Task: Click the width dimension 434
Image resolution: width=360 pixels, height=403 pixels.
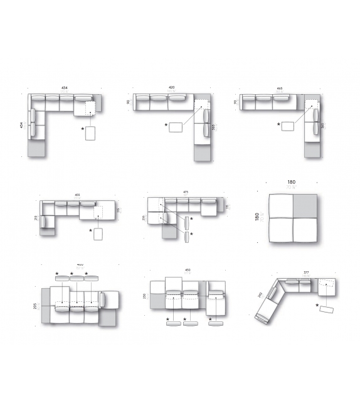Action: click(x=64, y=87)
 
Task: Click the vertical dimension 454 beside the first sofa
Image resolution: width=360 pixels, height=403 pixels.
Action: click(x=23, y=125)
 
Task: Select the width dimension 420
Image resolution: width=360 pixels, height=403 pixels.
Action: click(x=171, y=87)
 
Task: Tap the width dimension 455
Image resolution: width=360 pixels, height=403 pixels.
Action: click(x=77, y=195)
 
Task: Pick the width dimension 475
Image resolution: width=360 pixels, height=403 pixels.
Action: click(x=186, y=192)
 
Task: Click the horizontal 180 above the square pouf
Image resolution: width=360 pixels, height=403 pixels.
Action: click(x=290, y=181)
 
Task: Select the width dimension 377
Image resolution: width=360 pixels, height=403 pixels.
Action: click(x=306, y=273)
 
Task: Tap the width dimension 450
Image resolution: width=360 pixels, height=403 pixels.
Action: click(x=187, y=271)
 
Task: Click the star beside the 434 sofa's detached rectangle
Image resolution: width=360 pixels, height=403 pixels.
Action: click(x=82, y=129)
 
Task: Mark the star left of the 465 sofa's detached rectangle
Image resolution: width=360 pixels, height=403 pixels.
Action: click(x=279, y=124)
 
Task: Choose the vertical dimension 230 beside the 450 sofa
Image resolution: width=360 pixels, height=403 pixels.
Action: click(x=145, y=296)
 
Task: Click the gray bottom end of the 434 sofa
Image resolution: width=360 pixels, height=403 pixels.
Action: click(x=37, y=148)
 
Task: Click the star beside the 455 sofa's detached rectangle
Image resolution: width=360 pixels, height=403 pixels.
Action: click(x=90, y=231)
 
